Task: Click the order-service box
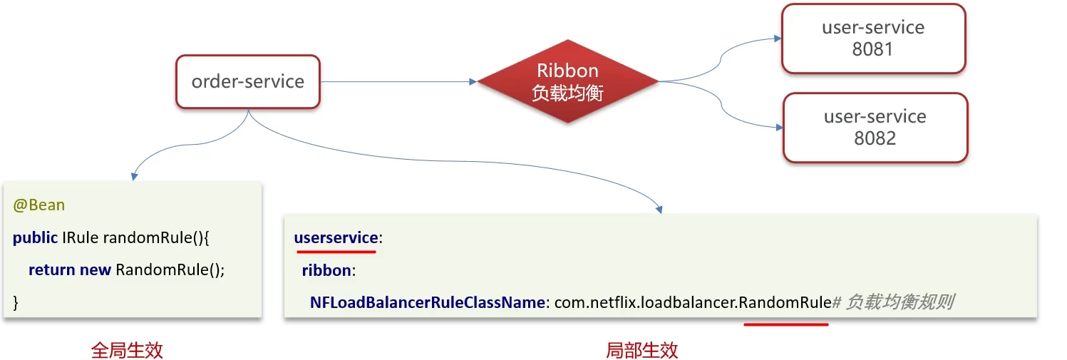[247, 82]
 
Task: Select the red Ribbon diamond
[567, 82]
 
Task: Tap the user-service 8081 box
[873, 38]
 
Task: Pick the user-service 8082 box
[875, 128]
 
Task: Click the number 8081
[873, 50]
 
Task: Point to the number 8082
[875, 138]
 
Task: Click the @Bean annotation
[38, 205]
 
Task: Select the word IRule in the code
[79, 238]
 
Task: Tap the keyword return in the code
[51, 270]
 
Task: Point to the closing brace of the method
[16, 303]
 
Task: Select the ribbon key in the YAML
[328, 270]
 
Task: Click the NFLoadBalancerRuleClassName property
[427, 302]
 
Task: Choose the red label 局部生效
[641, 350]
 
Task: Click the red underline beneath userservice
[335, 251]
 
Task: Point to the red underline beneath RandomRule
[785, 324]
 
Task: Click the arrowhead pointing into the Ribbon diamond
[473, 82]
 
